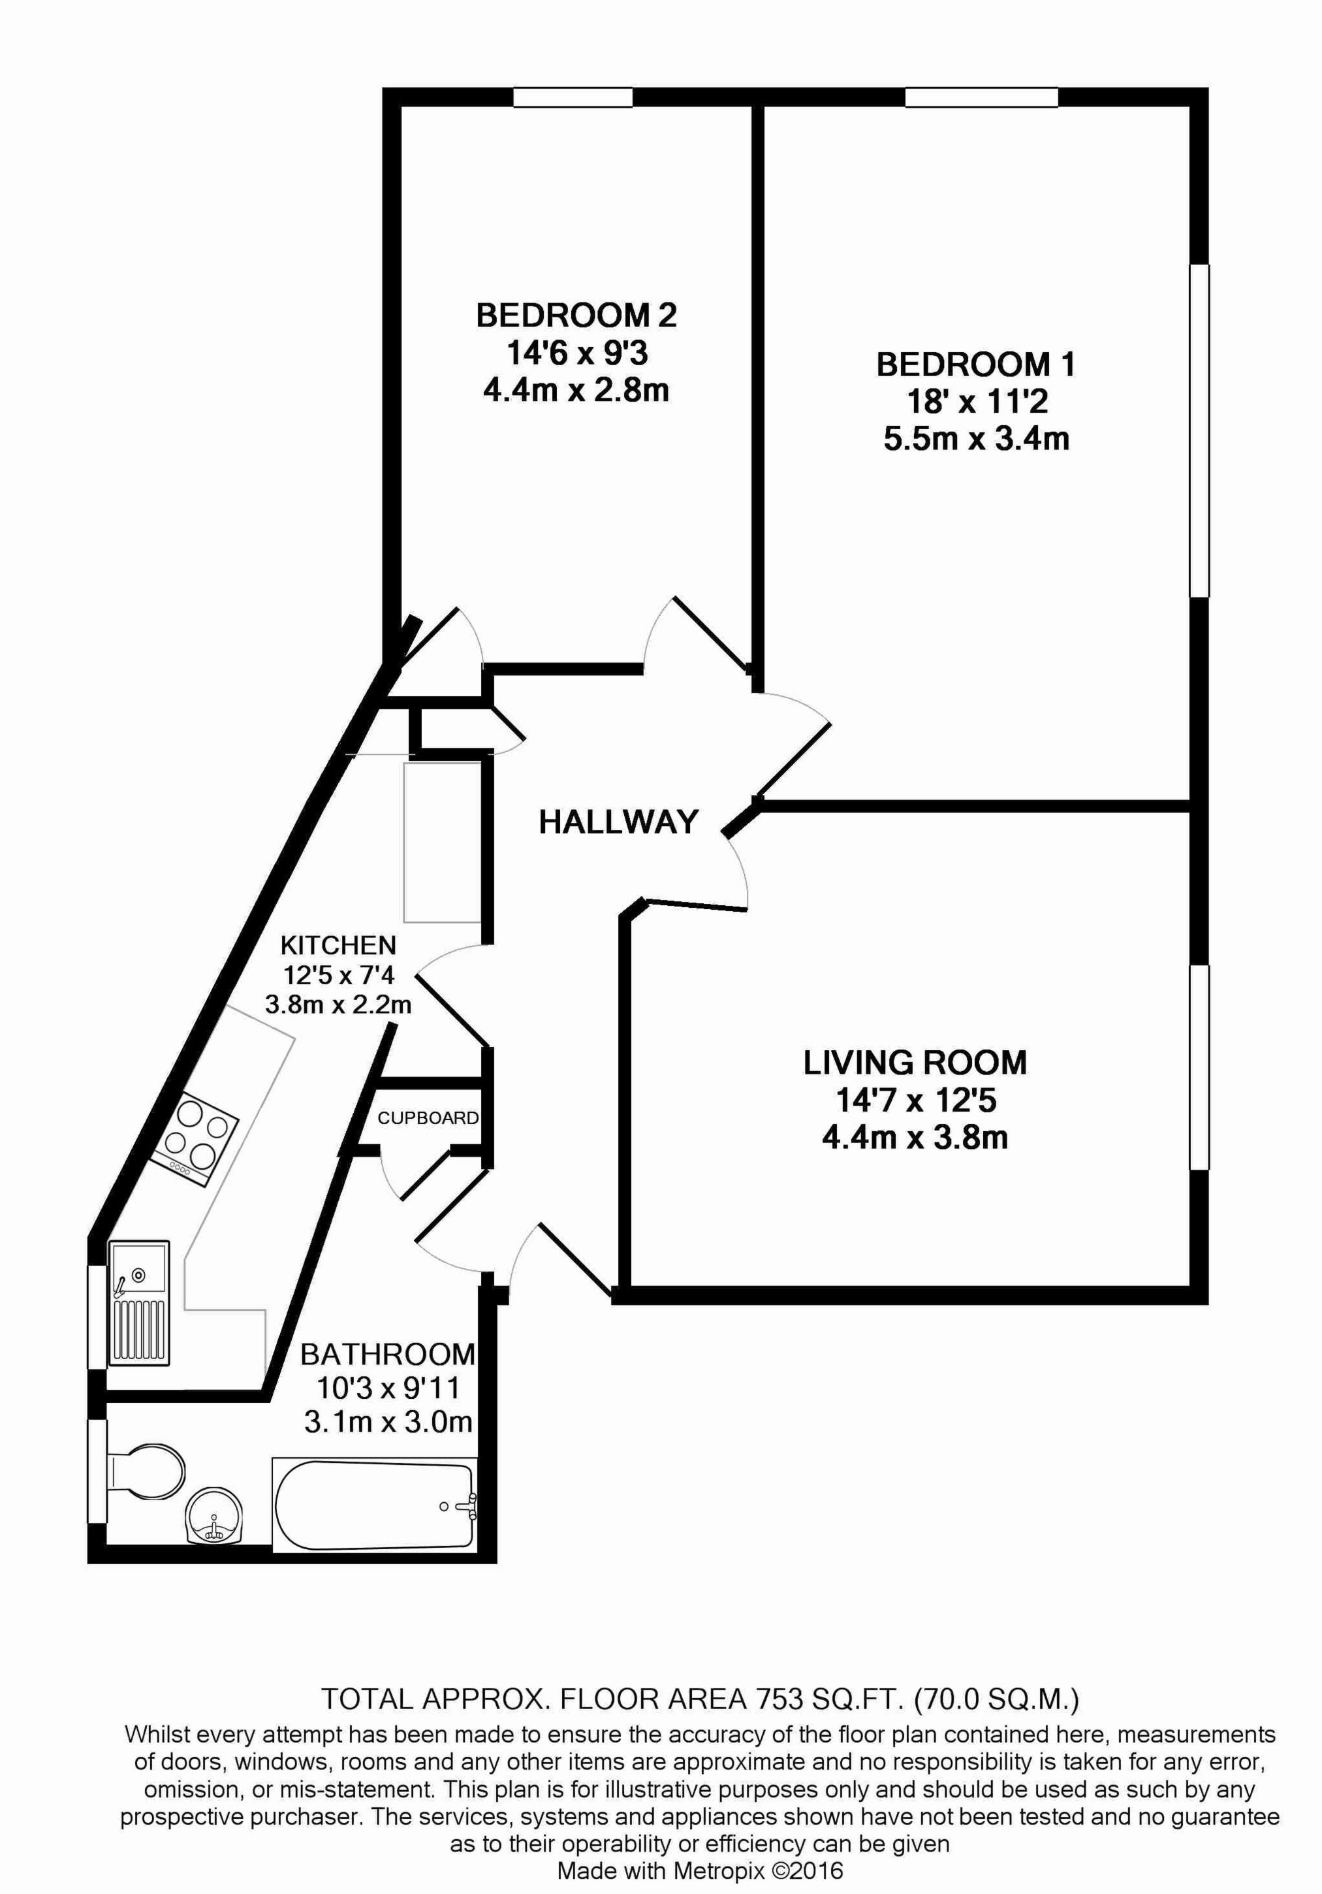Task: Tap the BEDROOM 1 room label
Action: [x=975, y=364]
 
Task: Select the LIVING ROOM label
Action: [x=915, y=1063]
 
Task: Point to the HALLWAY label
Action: [x=618, y=822]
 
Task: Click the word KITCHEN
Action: [x=338, y=944]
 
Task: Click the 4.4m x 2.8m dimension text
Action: [x=576, y=390]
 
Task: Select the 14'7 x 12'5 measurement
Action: [x=915, y=1100]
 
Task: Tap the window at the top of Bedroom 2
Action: [x=573, y=97]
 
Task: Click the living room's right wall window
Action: [x=1199, y=1067]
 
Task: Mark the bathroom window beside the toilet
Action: [x=97, y=1471]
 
